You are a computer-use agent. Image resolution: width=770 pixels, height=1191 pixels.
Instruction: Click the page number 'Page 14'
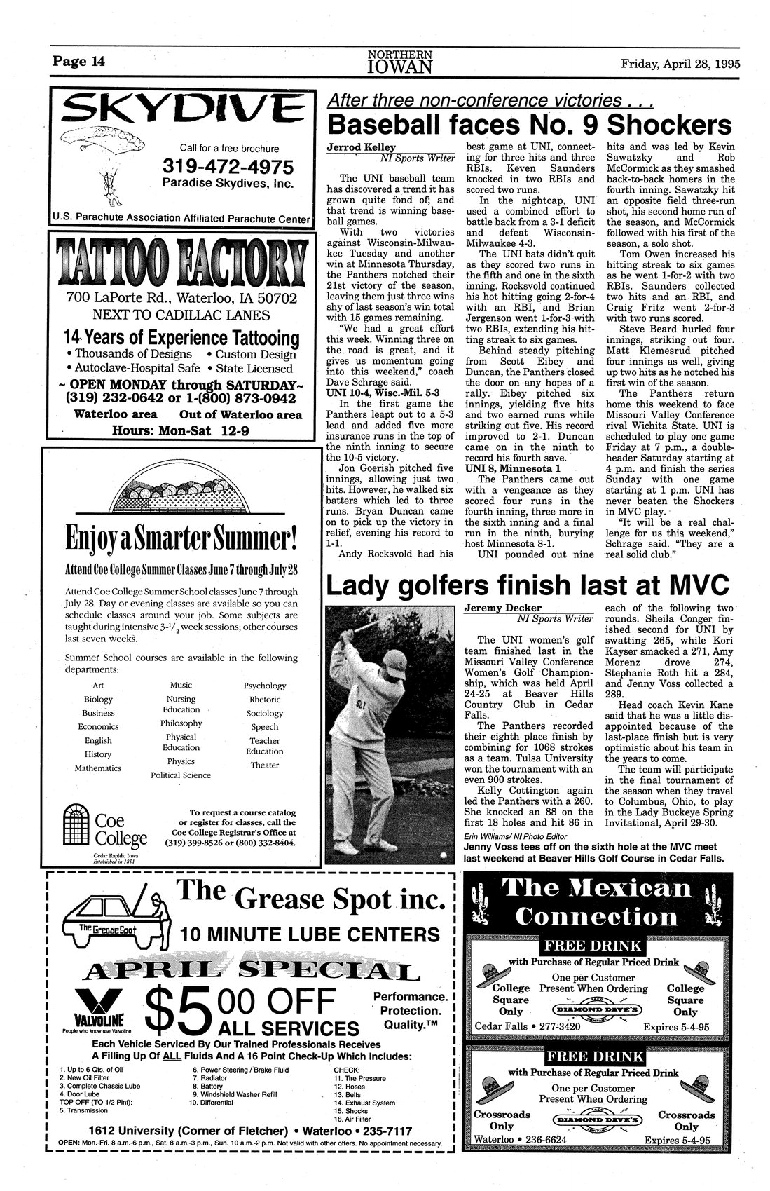click(78, 62)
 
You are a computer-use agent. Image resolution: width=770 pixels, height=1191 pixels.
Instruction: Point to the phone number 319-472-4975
click(228, 167)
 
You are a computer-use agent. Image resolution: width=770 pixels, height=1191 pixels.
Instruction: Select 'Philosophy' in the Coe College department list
click(181, 723)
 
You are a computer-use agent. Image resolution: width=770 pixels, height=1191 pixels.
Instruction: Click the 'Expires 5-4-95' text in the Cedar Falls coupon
click(675, 1028)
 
